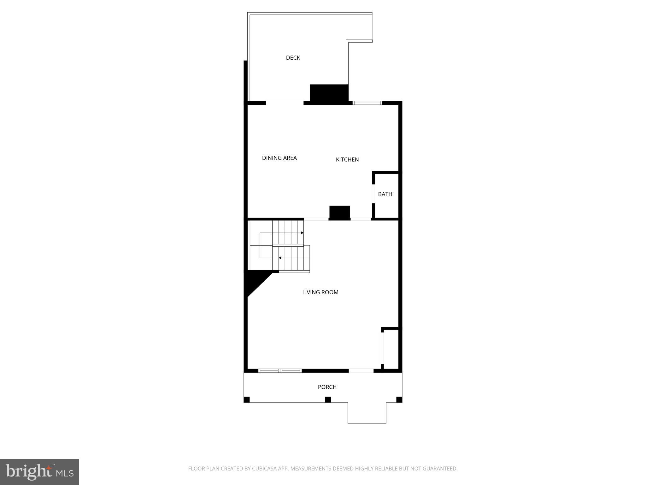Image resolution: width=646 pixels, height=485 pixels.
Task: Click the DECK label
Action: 293,58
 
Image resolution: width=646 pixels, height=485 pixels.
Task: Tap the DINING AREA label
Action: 279,158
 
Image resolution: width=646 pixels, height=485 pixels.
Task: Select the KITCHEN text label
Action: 347,159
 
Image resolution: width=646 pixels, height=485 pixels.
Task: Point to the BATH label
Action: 385,194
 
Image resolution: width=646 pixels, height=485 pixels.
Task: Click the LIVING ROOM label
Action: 320,292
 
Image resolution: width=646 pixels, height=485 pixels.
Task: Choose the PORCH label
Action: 327,387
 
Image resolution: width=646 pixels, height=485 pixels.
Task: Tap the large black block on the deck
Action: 329,93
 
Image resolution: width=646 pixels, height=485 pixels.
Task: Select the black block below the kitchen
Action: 339,213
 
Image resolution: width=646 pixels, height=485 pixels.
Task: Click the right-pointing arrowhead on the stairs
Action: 302,233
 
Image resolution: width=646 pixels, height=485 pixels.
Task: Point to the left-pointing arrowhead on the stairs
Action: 280,258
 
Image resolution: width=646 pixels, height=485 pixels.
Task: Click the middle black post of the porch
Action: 328,399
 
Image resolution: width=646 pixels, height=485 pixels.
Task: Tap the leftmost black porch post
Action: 247,399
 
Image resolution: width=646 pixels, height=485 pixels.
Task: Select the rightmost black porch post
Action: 399,399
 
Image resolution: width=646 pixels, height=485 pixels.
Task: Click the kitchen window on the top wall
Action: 367,103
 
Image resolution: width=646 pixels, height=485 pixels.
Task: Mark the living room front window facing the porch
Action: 280,371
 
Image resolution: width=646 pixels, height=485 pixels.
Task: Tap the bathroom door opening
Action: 373,194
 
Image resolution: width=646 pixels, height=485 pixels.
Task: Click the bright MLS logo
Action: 39,472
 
